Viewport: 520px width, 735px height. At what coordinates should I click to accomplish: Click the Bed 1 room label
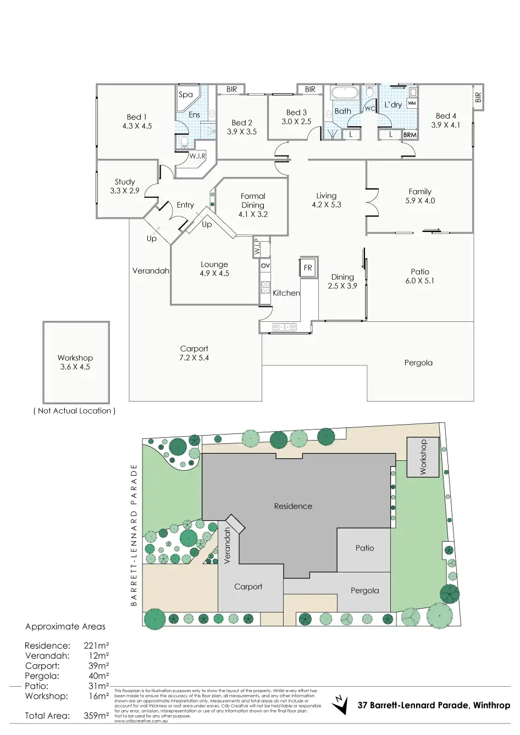tap(137, 121)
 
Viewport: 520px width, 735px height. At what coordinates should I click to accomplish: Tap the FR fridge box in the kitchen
tap(308, 268)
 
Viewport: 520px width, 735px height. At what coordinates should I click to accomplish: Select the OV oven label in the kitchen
tap(265, 265)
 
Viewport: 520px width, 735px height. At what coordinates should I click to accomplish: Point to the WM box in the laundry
tap(412, 103)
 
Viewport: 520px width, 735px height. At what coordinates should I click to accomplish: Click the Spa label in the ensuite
tap(186, 94)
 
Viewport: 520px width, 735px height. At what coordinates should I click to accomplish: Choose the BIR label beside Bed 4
tap(478, 98)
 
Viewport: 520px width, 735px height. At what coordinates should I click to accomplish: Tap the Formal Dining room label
tap(253, 205)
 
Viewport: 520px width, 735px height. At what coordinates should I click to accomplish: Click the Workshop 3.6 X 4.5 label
tap(75, 363)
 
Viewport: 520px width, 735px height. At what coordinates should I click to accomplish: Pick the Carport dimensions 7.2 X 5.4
tap(195, 358)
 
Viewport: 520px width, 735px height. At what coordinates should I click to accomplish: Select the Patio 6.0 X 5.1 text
tap(420, 276)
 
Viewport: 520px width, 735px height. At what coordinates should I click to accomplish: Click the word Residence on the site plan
tap(293, 506)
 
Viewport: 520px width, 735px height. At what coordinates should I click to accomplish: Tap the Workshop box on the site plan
tap(423, 456)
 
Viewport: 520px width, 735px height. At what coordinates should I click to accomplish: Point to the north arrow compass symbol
tap(340, 704)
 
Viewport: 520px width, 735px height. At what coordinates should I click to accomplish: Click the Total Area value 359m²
tap(96, 716)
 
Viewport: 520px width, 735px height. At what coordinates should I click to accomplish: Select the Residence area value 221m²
tap(96, 645)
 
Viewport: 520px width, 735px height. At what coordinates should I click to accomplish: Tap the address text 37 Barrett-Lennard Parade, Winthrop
tap(434, 705)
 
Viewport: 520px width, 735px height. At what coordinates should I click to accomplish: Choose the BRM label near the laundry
tap(410, 135)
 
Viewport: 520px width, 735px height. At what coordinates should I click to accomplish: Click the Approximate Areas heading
tap(65, 626)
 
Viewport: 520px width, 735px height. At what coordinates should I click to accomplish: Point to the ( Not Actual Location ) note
tap(75, 411)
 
